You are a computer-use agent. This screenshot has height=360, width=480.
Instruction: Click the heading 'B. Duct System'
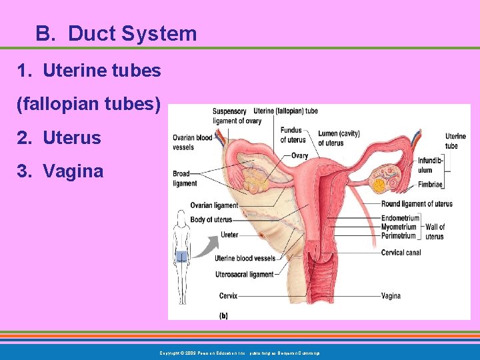117,33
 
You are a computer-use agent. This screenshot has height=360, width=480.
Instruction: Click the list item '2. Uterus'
59,138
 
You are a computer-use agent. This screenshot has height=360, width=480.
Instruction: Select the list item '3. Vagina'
61,171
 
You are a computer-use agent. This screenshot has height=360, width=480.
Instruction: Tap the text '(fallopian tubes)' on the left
88,104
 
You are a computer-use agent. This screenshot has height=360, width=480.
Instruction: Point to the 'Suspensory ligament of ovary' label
229,116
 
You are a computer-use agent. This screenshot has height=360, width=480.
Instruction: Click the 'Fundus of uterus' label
293,135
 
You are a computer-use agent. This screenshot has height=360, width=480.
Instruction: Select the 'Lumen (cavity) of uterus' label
339,138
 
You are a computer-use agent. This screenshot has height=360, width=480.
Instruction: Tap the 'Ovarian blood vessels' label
192,142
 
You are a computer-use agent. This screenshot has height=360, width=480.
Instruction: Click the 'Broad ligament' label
185,179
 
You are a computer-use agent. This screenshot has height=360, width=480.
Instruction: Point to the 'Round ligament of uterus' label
417,204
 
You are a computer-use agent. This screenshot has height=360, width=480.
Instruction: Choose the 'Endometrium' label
400,218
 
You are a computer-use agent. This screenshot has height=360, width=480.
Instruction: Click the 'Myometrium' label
399,227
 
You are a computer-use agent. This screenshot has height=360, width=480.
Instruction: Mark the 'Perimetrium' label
399,236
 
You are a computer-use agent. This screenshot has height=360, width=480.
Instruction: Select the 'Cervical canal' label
401,253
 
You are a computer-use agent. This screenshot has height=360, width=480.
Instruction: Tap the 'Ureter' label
229,235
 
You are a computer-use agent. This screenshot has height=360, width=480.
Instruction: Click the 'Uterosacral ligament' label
244,274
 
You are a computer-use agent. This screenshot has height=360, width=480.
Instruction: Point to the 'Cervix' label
228,295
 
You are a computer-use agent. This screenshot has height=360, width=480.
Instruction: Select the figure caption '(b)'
223,315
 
